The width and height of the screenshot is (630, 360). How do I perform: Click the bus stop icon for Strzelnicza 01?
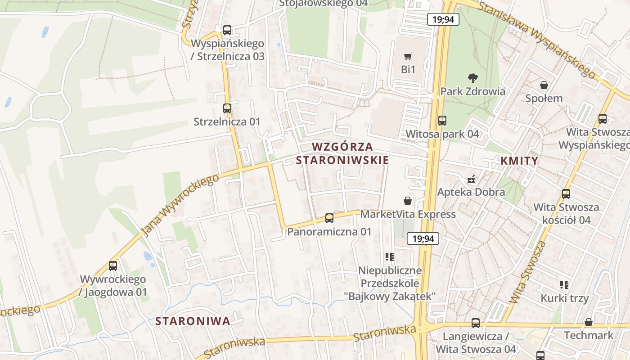(227, 108)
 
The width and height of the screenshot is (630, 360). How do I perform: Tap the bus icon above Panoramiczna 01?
(329, 218)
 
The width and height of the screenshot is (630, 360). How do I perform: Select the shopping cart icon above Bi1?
(408, 56)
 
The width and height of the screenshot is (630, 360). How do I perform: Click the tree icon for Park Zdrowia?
(472, 78)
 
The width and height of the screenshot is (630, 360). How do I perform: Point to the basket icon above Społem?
(544, 85)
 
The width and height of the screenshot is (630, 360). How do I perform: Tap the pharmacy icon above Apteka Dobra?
(471, 179)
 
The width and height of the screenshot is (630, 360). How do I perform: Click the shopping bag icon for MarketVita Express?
(408, 200)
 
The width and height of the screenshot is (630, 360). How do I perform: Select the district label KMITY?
(519, 161)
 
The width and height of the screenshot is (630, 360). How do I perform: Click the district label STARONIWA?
(193, 321)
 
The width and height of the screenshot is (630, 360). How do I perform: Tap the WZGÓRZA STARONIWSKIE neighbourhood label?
(342, 153)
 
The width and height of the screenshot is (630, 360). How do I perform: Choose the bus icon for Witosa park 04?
(442, 120)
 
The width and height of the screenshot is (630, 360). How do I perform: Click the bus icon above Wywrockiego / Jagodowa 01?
(113, 265)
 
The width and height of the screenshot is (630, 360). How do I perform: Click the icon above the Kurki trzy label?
(564, 284)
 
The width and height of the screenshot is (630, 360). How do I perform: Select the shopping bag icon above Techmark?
(588, 322)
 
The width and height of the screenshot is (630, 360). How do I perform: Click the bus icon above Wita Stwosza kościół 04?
(566, 194)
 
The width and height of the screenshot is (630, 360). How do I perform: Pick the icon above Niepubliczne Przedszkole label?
(390, 257)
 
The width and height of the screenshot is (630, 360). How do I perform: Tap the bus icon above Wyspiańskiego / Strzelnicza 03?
(227, 30)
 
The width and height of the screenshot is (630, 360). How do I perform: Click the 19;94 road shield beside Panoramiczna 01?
(423, 238)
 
